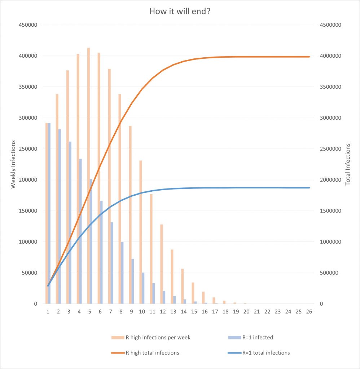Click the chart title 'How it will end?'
point(180,12)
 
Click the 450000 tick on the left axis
point(31,25)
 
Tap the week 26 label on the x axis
point(309,311)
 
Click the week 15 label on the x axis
point(194,311)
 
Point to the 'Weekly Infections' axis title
point(13,165)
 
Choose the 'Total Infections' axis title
point(348,164)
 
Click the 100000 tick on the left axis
point(31,242)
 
